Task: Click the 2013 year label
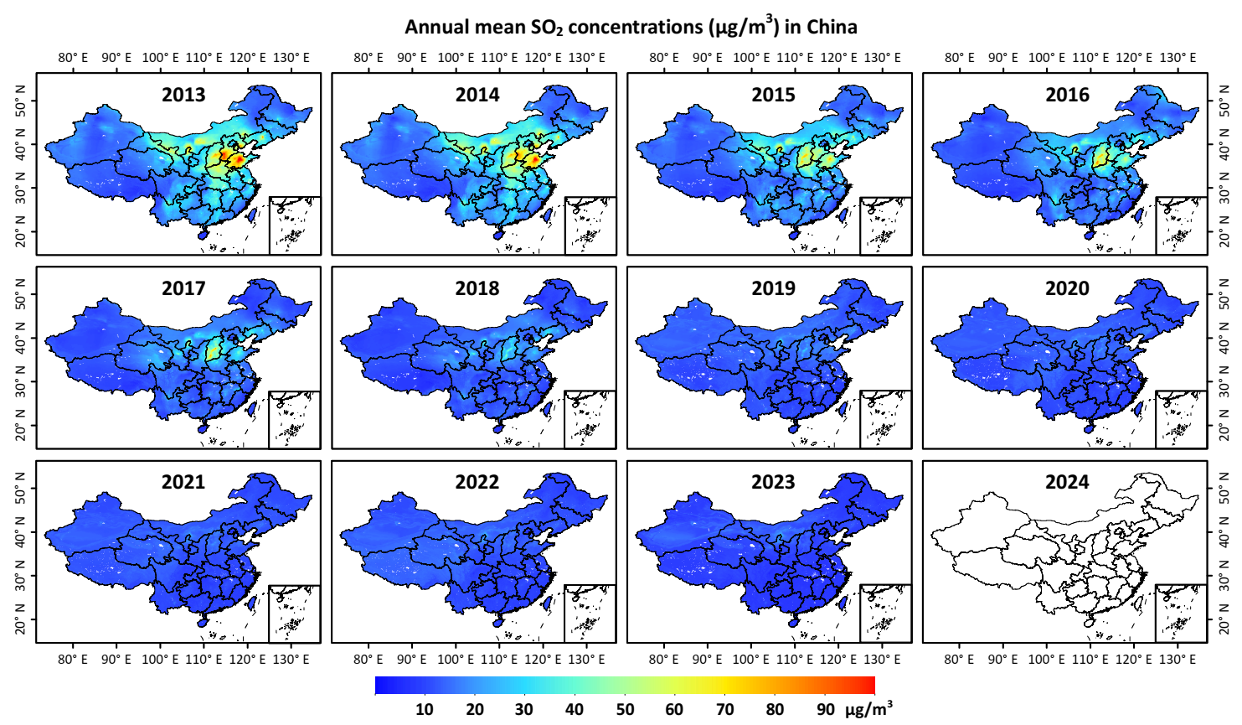[x=183, y=95]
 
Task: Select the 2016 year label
[x=1067, y=95]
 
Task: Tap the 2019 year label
[x=773, y=288]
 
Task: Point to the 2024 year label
[x=1067, y=482]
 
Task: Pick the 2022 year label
[x=477, y=482]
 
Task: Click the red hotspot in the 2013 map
[x=238, y=158]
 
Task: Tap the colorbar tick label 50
[x=625, y=709]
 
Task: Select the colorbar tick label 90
[x=826, y=709]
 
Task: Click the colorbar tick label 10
[x=425, y=709]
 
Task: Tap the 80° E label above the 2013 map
[x=73, y=58]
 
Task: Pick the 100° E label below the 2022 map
[x=456, y=660]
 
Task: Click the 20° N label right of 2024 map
[x=1224, y=621]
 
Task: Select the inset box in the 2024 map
[x=1181, y=613]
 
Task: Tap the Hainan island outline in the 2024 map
[x=1089, y=623]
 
